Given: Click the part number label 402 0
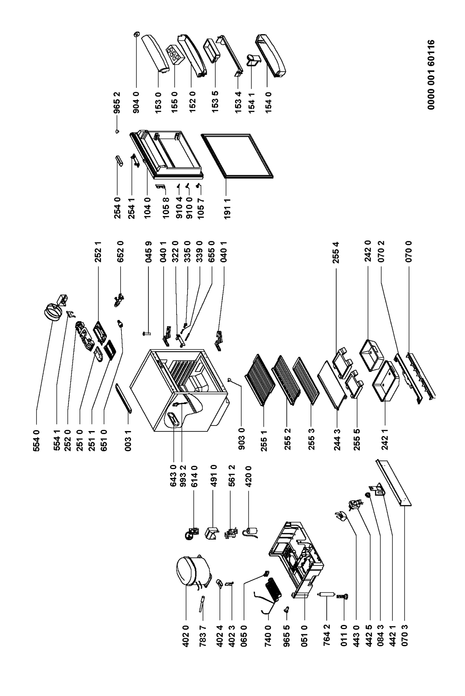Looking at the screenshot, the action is click(x=186, y=635).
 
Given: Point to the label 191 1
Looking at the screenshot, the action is click(x=227, y=207).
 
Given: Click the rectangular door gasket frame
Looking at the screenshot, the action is click(x=237, y=157).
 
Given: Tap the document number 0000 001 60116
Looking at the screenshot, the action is click(x=431, y=74).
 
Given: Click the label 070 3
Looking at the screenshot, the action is click(x=405, y=635).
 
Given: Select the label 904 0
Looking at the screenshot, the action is click(x=136, y=102).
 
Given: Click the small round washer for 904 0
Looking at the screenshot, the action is click(x=136, y=34).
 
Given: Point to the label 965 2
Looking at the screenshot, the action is click(x=117, y=102).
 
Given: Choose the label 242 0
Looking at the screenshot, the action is click(x=368, y=251).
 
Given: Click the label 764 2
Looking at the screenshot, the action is click(x=327, y=635).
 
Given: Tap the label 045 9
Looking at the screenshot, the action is click(x=148, y=251).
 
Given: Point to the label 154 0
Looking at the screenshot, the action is click(x=268, y=102).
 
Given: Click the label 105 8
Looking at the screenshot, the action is click(x=166, y=207).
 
